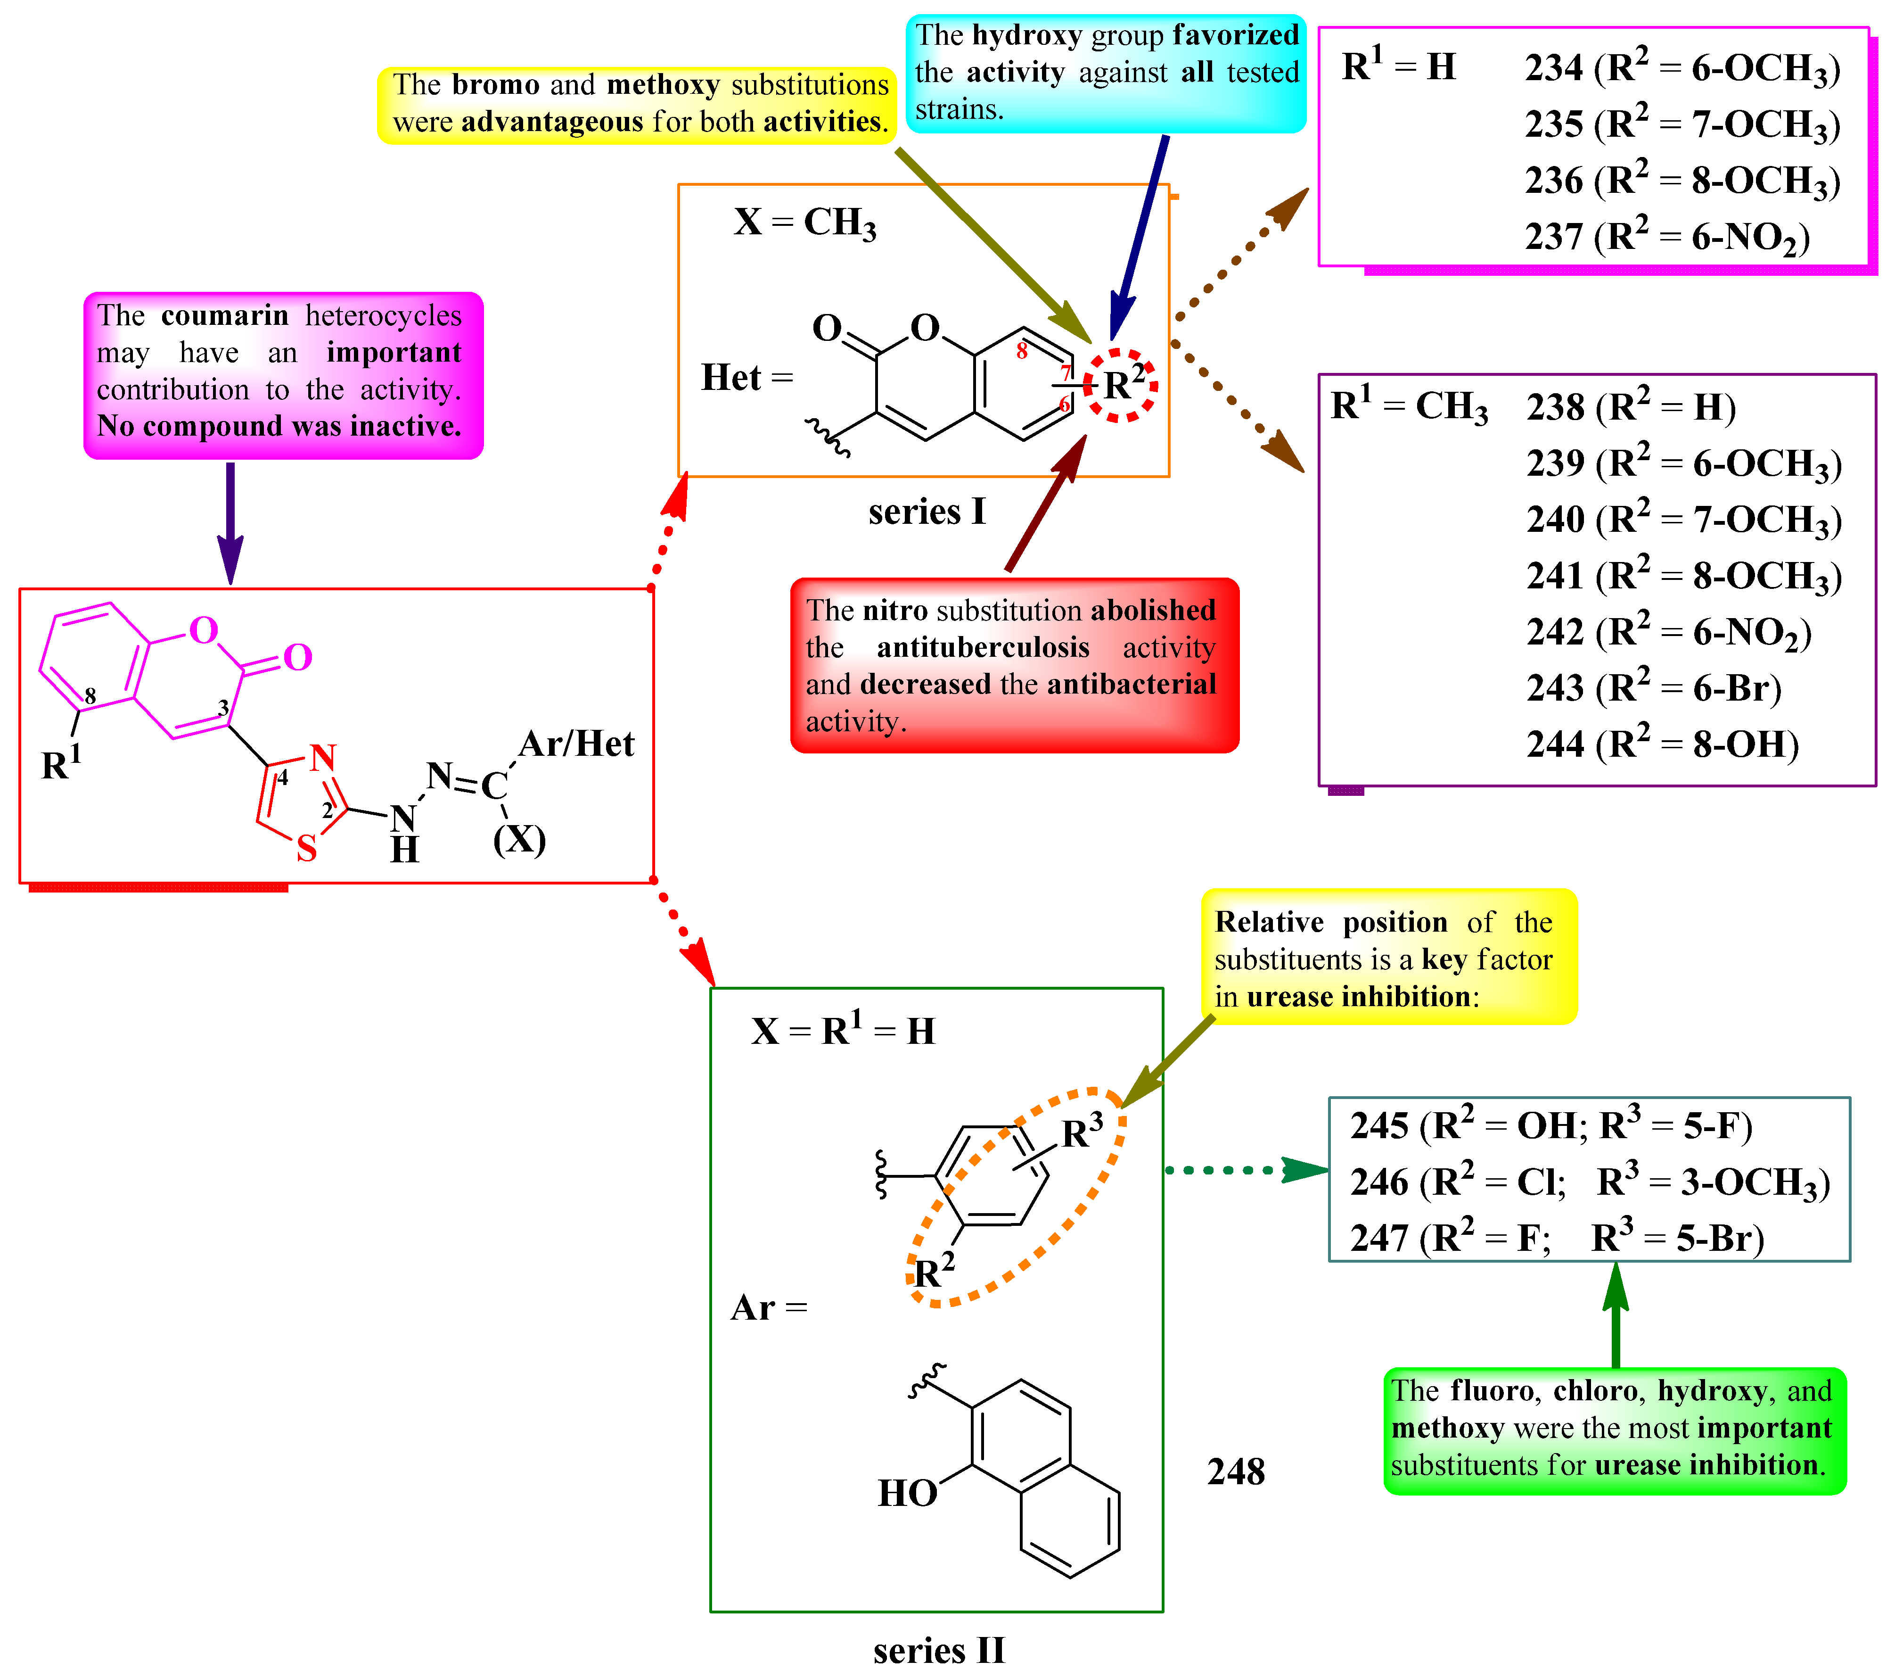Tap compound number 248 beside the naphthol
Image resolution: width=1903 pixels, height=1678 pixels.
click(1236, 1471)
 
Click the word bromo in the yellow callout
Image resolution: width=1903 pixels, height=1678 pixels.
click(495, 85)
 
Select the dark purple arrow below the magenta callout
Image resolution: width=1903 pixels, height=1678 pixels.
click(230, 521)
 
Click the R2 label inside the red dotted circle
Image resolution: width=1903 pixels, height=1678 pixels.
click(1123, 384)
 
